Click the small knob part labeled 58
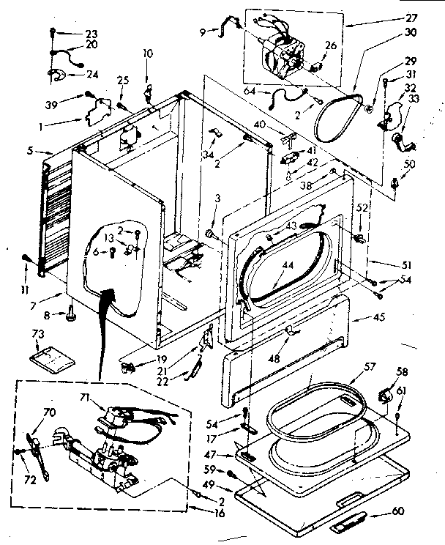[x=382, y=396]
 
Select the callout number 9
[x=201, y=31]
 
